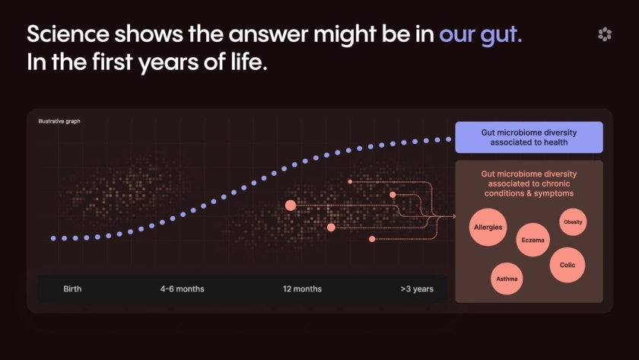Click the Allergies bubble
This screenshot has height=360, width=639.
click(x=488, y=227)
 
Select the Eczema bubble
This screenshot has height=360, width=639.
click(x=532, y=240)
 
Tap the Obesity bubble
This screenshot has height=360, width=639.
click(x=573, y=221)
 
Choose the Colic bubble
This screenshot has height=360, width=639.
click(x=567, y=265)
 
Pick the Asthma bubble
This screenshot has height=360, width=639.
click(x=507, y=279)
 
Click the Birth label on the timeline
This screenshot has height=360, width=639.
click(x=72, y=289)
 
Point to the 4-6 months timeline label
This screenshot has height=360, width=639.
click(x=182, y=289)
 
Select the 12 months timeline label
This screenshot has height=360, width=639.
click(x=303, y=289)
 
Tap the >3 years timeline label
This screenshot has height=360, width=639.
click(x=417, y=289)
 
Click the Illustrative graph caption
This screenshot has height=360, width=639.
click(x=59, y=121)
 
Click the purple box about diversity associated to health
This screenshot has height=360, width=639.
click(x=529, y=138)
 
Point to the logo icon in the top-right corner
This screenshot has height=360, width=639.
click(x=605, y=34)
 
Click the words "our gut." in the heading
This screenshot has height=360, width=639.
click(x=481, y=34)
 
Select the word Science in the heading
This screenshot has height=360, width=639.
click(x=68, y=33)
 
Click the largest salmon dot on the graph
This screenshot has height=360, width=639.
click(x=291, y=205)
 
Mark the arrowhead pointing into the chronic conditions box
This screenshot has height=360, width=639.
click(x=453, y=216)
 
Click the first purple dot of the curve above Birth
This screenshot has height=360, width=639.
click(x=53, y=238)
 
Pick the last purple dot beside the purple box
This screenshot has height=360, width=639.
click(x=448, y=139)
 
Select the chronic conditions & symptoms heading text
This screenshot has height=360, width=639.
click(x=529, y=183)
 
